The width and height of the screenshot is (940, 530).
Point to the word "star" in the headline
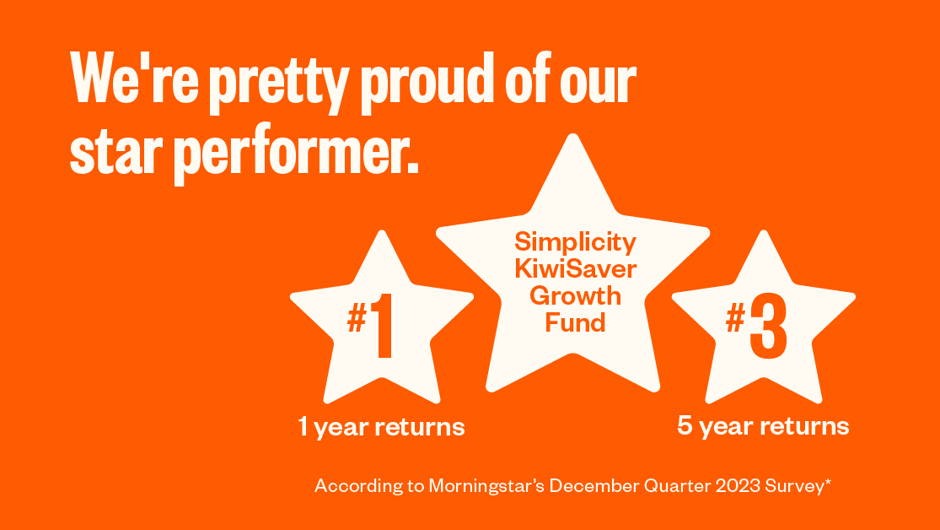[x=117, y=153]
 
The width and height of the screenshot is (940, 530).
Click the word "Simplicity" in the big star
[x=575, y=242]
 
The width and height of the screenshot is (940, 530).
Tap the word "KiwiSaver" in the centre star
[x=575, y=269]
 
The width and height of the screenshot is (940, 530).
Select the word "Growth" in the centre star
[x=575, y=296]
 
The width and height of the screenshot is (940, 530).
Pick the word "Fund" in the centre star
[x=575, y=322]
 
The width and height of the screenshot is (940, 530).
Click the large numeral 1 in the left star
[x=384, y=324]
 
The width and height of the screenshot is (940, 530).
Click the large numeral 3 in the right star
[x=767, y=324]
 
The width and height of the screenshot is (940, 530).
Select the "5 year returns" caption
[x=763, y=426]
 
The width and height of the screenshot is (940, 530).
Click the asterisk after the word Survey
[x=829, y=482]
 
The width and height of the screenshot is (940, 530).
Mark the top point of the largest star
[x=572, y=136]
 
